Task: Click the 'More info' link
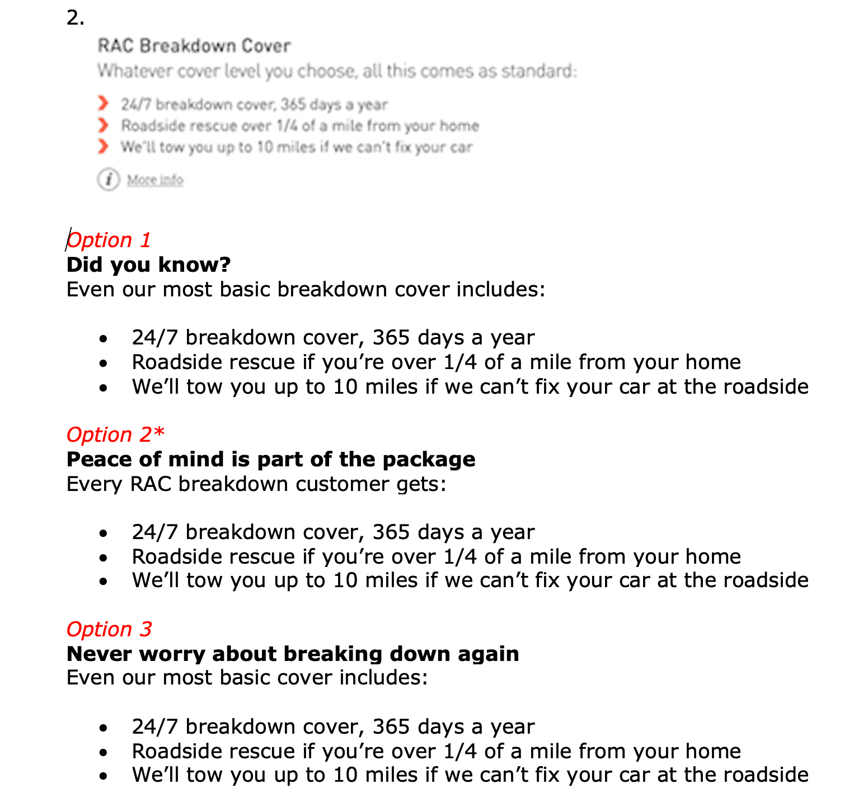click(155, 180)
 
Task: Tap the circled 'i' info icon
click(109, 180)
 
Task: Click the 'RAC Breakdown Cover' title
click(194, 46)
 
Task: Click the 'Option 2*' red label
click(115, 434)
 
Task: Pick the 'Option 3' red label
click(109, 629)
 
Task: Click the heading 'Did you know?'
click(148, 264)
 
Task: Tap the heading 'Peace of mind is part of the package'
click(271, 459)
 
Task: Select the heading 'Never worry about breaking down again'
click(293, 654)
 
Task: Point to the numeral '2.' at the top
click(75, 18)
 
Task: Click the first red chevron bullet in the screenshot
click(103, 103)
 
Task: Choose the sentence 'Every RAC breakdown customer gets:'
click(256, 484)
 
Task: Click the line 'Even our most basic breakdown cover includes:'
click(306, 290)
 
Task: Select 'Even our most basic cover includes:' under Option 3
click(247, 678)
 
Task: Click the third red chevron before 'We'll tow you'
click(103, 147)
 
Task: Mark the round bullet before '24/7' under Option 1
click(103, 339)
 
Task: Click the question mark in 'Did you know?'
click(224, 264)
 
